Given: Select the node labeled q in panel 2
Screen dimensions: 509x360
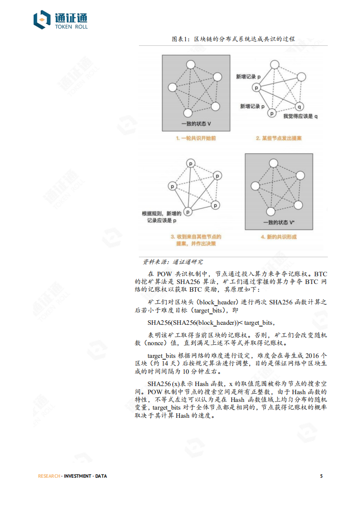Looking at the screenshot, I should pos(299,107).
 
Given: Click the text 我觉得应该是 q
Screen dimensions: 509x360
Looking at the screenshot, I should pos(300,116).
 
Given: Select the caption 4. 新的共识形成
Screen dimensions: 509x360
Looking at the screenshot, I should pos(278,237).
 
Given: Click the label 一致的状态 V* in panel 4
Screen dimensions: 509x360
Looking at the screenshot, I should pos(279,222).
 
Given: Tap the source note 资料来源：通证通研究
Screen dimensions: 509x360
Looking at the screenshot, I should pos(173,262).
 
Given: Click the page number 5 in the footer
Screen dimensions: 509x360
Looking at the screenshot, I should pos(321,476).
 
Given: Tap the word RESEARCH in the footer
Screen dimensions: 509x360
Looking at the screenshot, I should pos(49,476).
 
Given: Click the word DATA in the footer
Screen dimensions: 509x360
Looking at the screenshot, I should pos(101,476).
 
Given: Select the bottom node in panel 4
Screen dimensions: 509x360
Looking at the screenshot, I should pos(271,211).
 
